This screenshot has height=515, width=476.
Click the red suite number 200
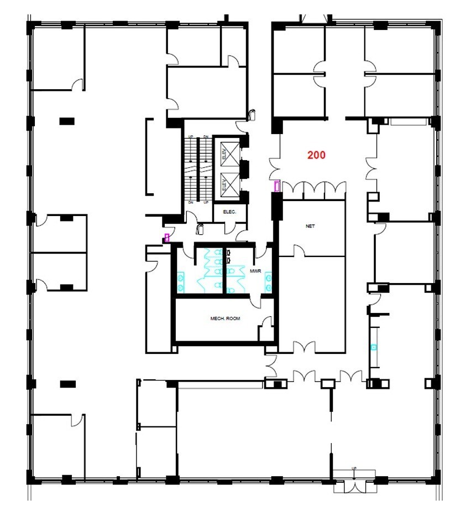316,155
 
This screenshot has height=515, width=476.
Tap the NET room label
310,226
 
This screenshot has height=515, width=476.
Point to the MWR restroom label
255,271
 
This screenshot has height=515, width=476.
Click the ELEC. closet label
229,212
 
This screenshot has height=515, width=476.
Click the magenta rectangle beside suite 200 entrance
277,186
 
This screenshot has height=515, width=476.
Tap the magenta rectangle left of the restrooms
166,238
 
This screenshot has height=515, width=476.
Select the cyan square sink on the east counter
374,347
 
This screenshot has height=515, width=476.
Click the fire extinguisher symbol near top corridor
252,114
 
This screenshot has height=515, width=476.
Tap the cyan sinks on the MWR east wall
268,281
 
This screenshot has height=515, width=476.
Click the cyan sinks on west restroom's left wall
180,281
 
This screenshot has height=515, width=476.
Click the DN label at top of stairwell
205,136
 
